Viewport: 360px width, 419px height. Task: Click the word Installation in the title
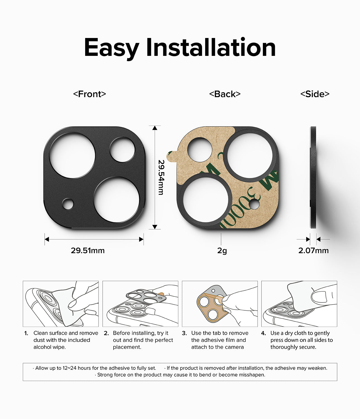211,47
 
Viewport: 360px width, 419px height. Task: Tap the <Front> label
90,94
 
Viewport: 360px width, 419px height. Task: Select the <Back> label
225,94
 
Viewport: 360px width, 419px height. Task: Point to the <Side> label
315,94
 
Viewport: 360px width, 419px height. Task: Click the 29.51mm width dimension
88,251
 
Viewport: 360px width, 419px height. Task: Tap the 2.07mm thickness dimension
313,251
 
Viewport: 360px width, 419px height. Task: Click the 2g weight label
222,251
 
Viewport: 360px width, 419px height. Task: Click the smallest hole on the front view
68,204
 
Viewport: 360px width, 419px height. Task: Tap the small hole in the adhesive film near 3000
254,205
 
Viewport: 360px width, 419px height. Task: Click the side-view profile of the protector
313,177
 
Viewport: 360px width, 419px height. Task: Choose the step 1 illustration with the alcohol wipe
61,304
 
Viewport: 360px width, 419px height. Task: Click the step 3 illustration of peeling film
220,304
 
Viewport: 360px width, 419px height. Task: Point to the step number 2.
106,333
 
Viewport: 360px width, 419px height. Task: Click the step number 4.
263,333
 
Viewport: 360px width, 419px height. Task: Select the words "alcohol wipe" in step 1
49,347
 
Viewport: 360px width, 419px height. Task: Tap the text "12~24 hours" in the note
73,368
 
